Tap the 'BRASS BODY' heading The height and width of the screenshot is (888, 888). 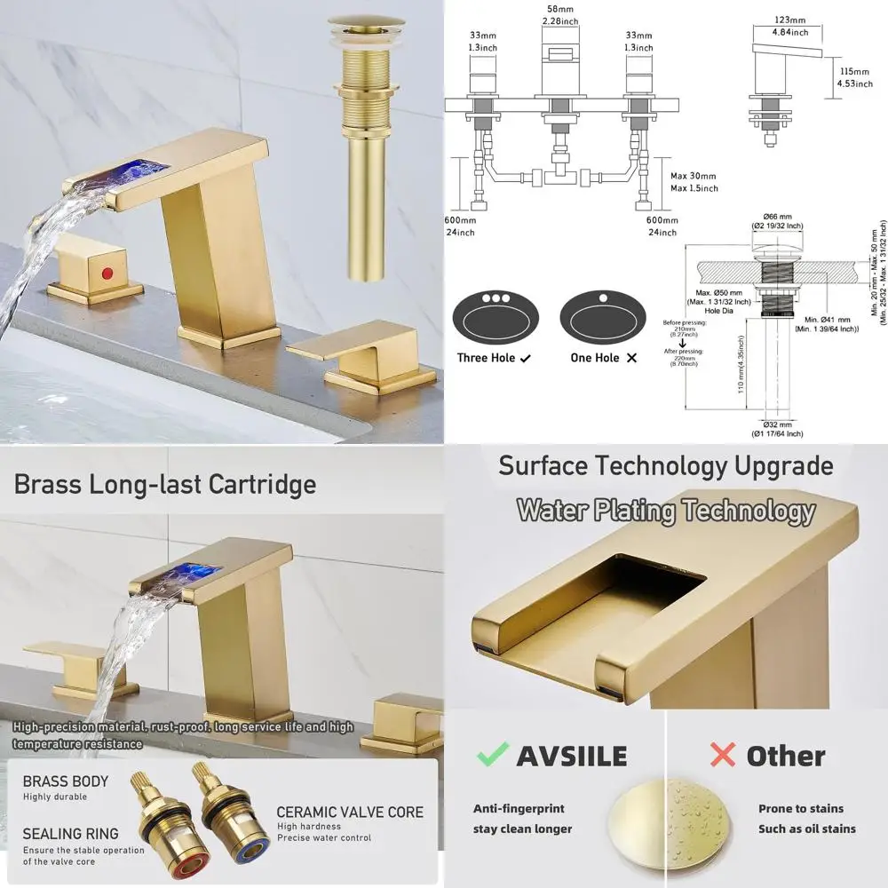pyautogui.click(x=65, y=781)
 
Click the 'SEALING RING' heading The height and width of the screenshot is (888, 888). pyautogui.click(x=70, y=834)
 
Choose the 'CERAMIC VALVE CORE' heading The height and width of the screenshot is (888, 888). pyautogui.click(x=350, y=812)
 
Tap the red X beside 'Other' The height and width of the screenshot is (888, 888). pyautogui.click(x=723, y=756)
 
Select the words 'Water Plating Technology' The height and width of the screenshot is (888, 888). pyautogui.click(x=665, y=511)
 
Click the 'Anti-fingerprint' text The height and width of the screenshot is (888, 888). pyautogui.click(x=519, y=808)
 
